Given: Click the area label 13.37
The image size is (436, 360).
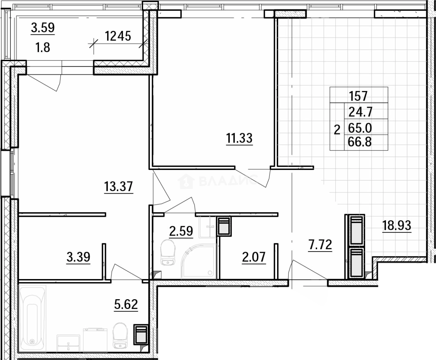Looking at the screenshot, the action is pos(119,186).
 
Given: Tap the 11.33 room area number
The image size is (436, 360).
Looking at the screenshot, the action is pos(239,138).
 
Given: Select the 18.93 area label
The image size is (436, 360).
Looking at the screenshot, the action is pos(397,226).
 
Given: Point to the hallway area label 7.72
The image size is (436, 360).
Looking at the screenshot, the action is pos(320,245).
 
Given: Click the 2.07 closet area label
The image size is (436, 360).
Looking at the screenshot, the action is pos(254,257).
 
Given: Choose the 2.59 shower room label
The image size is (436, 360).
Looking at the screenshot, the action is pos(181,231).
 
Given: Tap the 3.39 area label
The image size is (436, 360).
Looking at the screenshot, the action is pos(78,257).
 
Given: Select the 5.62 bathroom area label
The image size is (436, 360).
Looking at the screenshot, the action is pos(126,304).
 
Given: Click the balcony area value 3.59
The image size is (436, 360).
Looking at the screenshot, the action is pos(43,27).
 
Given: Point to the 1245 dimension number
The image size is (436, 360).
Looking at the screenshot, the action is pos(118,36).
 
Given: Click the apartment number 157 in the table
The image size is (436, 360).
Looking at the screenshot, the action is pos(358,96).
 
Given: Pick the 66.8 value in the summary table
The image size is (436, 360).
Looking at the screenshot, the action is pos(360,142).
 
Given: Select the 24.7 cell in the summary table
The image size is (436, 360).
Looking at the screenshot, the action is pos(361,112).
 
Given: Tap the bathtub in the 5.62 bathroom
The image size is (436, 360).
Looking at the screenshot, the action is pos(32,319).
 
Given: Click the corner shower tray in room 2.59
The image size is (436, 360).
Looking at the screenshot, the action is pos(199,261).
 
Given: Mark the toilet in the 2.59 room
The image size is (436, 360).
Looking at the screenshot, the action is pos(168,252).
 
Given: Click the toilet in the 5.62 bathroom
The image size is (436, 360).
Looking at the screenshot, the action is pos(120,336).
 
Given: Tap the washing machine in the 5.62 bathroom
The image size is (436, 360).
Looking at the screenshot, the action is pos(95,340).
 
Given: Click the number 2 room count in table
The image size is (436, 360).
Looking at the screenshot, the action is pos(337,130).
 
